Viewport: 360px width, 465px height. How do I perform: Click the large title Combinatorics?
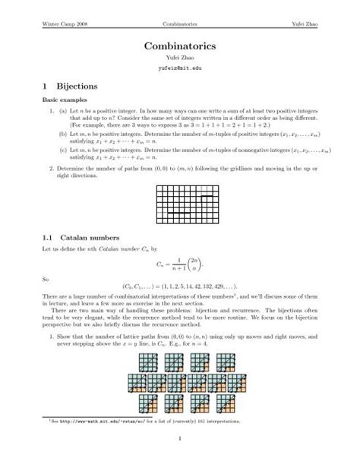coord(180,46)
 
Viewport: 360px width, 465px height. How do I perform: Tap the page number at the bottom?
coord(180,437)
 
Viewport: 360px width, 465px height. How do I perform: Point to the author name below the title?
coord(180,58)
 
